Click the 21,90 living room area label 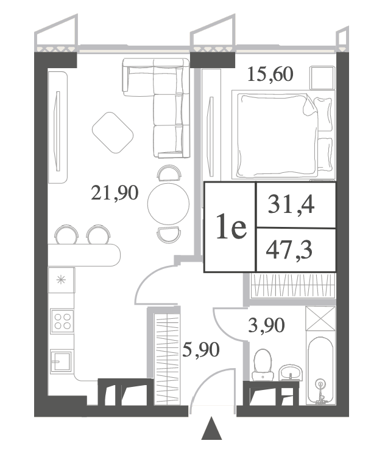tap(115, 193)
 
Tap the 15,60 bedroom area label tap(270, 74)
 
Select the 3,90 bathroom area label tap(266, 325)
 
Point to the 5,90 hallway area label tap(201, 350)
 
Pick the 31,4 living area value tap(291, 205)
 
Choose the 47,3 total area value tap(289, 250)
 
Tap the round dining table tap(168, 204)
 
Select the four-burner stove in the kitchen tap(62, 321)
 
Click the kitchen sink tap(61, 361)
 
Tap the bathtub tap(320, 371)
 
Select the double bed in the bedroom tap(283, 135)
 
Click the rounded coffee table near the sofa tap(113, 132)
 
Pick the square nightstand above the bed tap(322, 77)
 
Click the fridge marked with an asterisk tap(62, 280)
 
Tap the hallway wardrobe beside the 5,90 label tap(167, 359)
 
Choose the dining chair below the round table tap(169, 234)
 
